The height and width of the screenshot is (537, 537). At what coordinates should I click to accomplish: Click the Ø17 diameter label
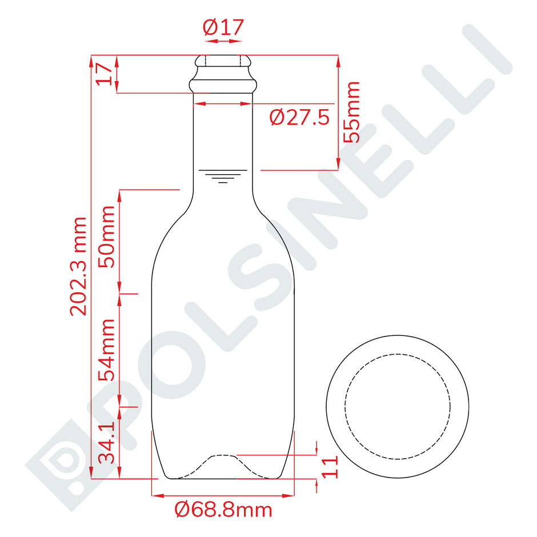point(223,27)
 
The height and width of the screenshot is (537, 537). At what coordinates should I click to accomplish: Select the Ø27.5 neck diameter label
point(300,118)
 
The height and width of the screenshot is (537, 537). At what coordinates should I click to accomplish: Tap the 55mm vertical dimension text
point(351,112)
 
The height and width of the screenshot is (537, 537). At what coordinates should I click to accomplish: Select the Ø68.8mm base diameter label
point(223,509)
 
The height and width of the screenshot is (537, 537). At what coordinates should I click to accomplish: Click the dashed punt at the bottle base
point(223,457)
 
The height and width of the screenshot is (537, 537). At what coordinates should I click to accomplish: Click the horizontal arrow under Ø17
point(223,41)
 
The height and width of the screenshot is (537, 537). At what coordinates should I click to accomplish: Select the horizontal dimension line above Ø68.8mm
point(223,495)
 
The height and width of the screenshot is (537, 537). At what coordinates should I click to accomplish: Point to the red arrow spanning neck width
point(223,104)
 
